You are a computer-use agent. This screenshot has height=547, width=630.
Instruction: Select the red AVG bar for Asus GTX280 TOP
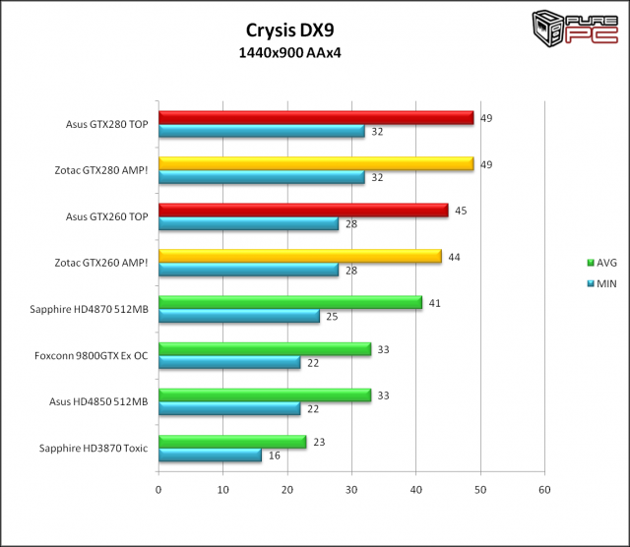tap(316, 118)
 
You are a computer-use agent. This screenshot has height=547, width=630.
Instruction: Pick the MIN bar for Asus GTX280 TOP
tap(261, 132)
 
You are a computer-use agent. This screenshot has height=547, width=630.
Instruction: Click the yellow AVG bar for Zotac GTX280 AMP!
tap(316, 164)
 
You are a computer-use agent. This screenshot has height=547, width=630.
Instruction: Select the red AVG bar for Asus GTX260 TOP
tap(303, 211)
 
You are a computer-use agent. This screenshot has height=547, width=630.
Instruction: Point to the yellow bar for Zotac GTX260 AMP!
tap(299, 257)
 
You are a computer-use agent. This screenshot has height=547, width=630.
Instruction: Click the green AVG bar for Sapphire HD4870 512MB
tap(290, 303)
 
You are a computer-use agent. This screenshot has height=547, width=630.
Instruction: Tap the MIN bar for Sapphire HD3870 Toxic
tap(210, 456)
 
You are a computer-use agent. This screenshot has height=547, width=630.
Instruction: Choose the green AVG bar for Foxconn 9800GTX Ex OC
tap(265, 349)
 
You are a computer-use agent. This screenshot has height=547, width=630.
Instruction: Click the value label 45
tap(460, 210)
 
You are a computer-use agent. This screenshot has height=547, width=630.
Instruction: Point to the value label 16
tap(274, 456)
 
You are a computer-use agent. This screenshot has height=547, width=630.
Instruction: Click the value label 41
tap(434, 302)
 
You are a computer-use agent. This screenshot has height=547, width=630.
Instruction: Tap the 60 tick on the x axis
tap(543, 489)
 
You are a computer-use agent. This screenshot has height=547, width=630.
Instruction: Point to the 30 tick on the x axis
tap(351, 489)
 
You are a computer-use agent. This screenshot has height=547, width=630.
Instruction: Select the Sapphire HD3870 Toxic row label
tap(94, 448)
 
